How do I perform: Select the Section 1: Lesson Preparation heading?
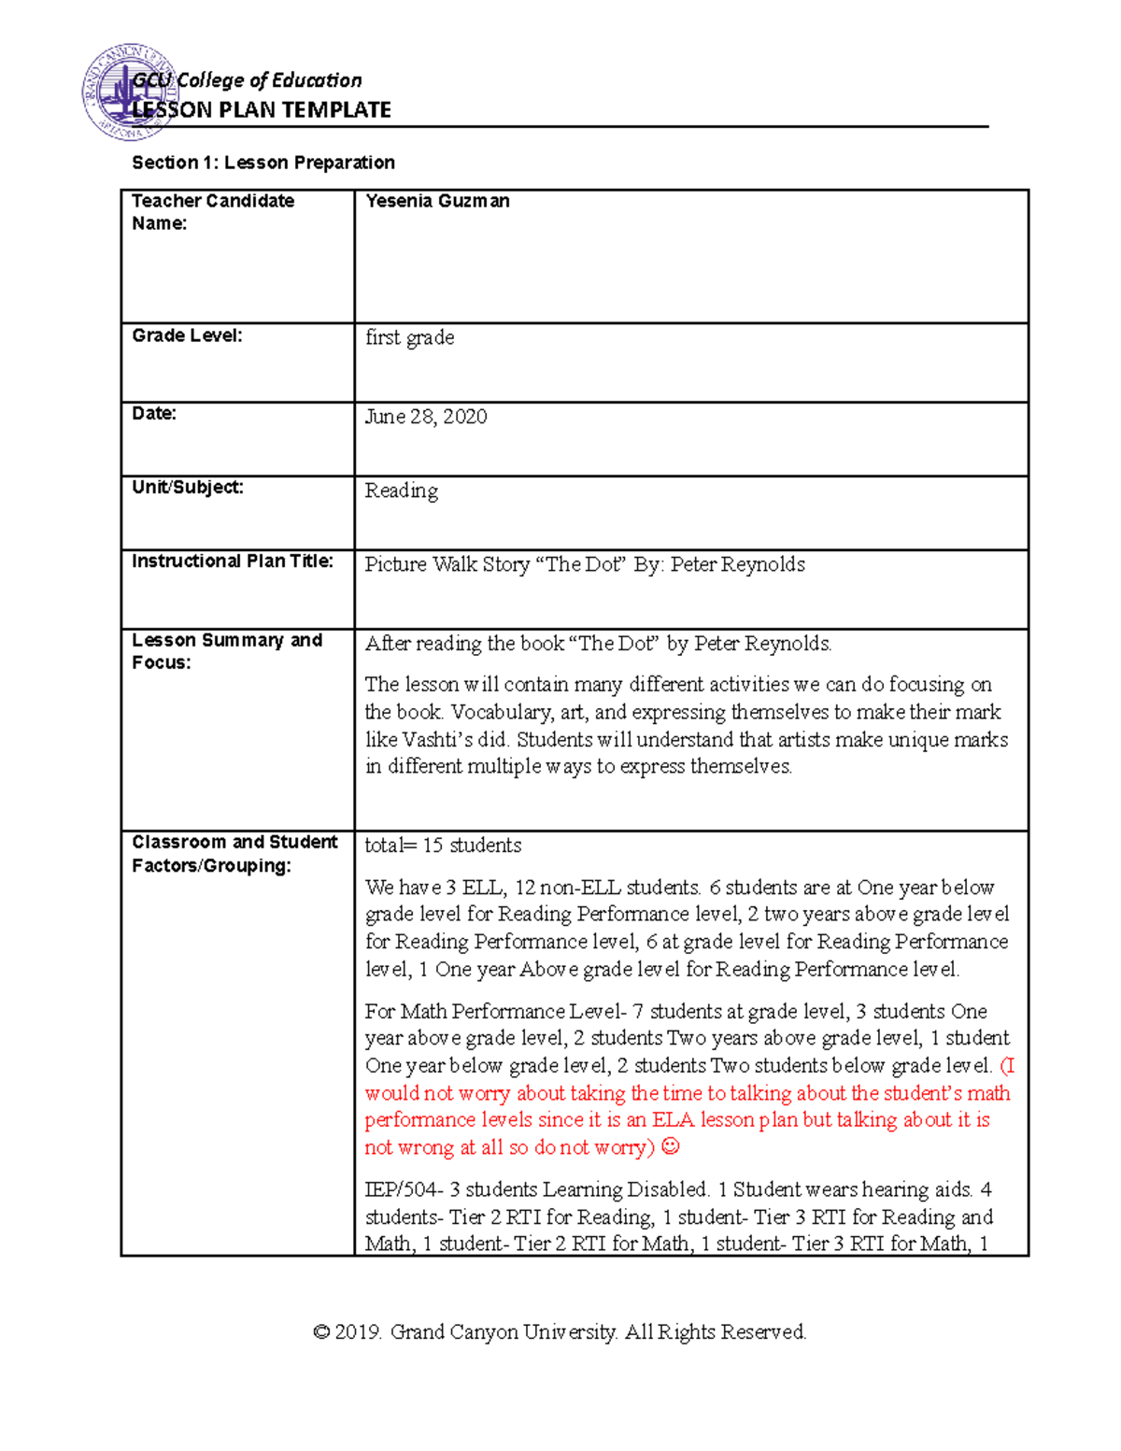pyautogui.click(x=263, y=163)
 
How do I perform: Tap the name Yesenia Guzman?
pyautogui.click(x=437, y=201)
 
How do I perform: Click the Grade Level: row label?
pyautogui.click(x=187, y=335)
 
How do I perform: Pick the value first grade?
pyautogui.click(x=409, y=337)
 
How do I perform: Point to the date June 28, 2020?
pyautogui.click(x=425, y=417)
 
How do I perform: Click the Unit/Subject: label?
pyautogui.click(x=187, y=487)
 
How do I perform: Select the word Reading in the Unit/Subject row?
pyautogui.click(x=401, y=491)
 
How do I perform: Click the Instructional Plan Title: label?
pyautogui.click(x=232, y=561)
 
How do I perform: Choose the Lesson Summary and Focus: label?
pyautogui.click(x=226, y=651)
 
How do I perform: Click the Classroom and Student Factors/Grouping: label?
pyautogui.click(x=234, y=853)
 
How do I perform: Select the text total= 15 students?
pyautogui.click(x=443, y=846)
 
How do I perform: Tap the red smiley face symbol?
pyautogui.click(x=670, y=1146)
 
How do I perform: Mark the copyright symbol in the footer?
pyautogui.click(x=321, y=1332)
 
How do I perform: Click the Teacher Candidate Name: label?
pyautogui.click(x=212, y=212)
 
